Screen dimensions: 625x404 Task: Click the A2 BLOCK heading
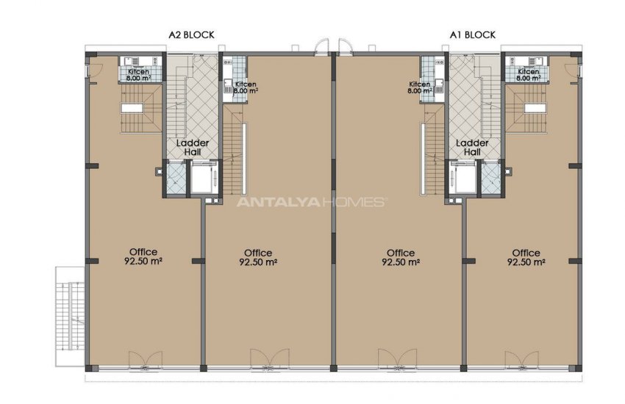click(192, 35)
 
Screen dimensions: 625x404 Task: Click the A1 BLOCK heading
click(473, 35)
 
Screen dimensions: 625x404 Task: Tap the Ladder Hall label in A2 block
click(193, 147)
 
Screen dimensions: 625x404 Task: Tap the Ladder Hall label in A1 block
click(472, 147)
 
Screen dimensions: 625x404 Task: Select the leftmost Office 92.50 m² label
click(143, 256)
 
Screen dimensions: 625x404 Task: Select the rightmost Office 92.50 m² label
click(526, 257)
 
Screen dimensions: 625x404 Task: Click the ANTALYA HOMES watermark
click(311, 202)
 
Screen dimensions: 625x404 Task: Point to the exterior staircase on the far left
click(70, 317)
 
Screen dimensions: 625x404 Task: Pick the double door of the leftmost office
click(145, 361)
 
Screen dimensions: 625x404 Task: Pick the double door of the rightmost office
click(522, 361)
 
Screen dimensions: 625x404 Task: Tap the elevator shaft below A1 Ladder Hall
click(463, 178)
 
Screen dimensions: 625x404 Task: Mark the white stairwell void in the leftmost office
click(132, 108)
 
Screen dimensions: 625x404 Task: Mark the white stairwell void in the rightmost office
click(535, 108)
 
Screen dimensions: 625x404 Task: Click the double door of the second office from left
click(269, 361)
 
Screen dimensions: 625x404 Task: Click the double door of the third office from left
click(397, 361)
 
